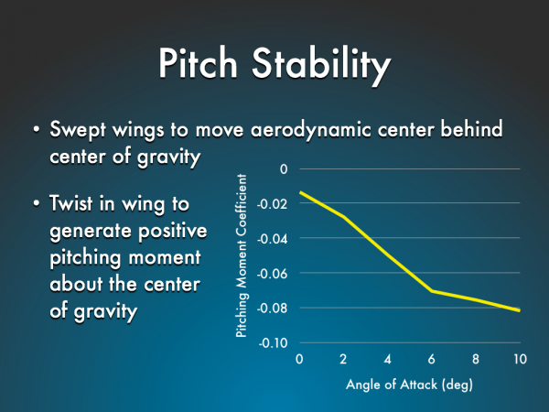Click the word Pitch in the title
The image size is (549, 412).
(199, 63)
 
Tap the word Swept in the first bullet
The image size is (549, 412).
(78, 130)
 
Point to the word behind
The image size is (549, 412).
(471, 128)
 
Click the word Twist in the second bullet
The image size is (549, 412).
(71, 203)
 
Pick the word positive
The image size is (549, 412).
(173, 232)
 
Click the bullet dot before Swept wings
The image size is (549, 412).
(36, 129)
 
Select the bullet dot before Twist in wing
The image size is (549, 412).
(36, 203)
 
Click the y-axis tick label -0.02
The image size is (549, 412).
(273, 204)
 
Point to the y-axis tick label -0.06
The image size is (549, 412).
(273, 274)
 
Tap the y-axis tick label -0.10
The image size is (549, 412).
(273, 343)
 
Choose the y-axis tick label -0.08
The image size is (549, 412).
(273, 309)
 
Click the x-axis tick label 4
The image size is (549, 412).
(387, 359)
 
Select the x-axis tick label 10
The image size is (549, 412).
(521, 359)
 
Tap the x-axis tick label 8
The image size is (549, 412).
(476, 359)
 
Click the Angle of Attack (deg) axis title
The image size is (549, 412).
(409, 385)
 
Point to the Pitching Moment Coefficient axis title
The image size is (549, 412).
(242, 255)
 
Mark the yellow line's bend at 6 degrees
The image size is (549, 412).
(432, 291)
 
